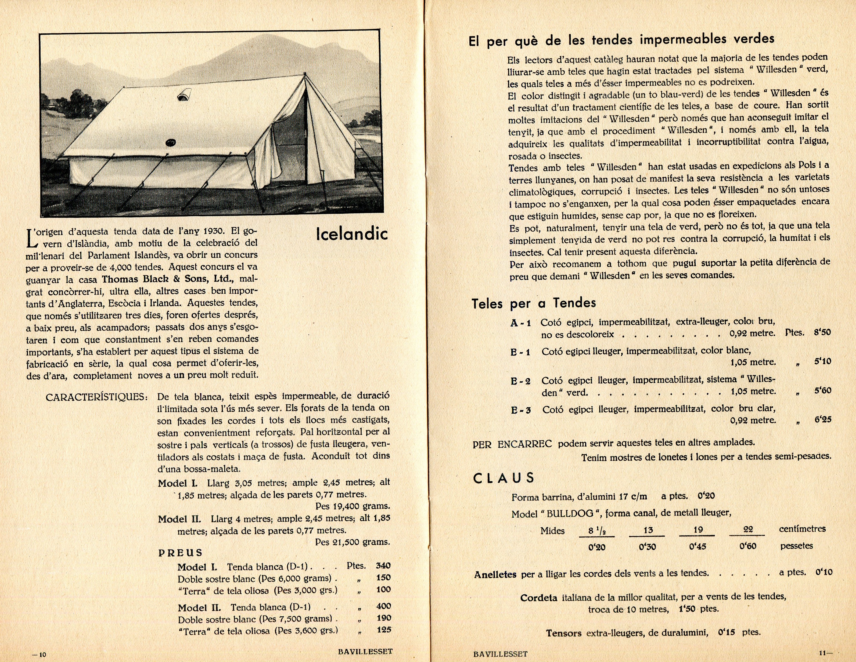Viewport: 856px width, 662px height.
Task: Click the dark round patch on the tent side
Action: (x=171, y=142)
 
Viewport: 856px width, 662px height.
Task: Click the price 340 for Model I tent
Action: (x=383, y=566)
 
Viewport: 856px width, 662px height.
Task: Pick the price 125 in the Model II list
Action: (x=383, y=630)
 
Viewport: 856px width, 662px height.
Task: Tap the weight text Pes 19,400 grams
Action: (x=352, y=506)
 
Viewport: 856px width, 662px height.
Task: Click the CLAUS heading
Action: (x=504, y=478)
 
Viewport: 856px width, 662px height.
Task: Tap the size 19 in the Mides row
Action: (x=698, y=530)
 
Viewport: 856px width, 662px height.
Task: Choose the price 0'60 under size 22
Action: (x=747, y=546)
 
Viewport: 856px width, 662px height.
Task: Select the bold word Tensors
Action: (x=564, y=633)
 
